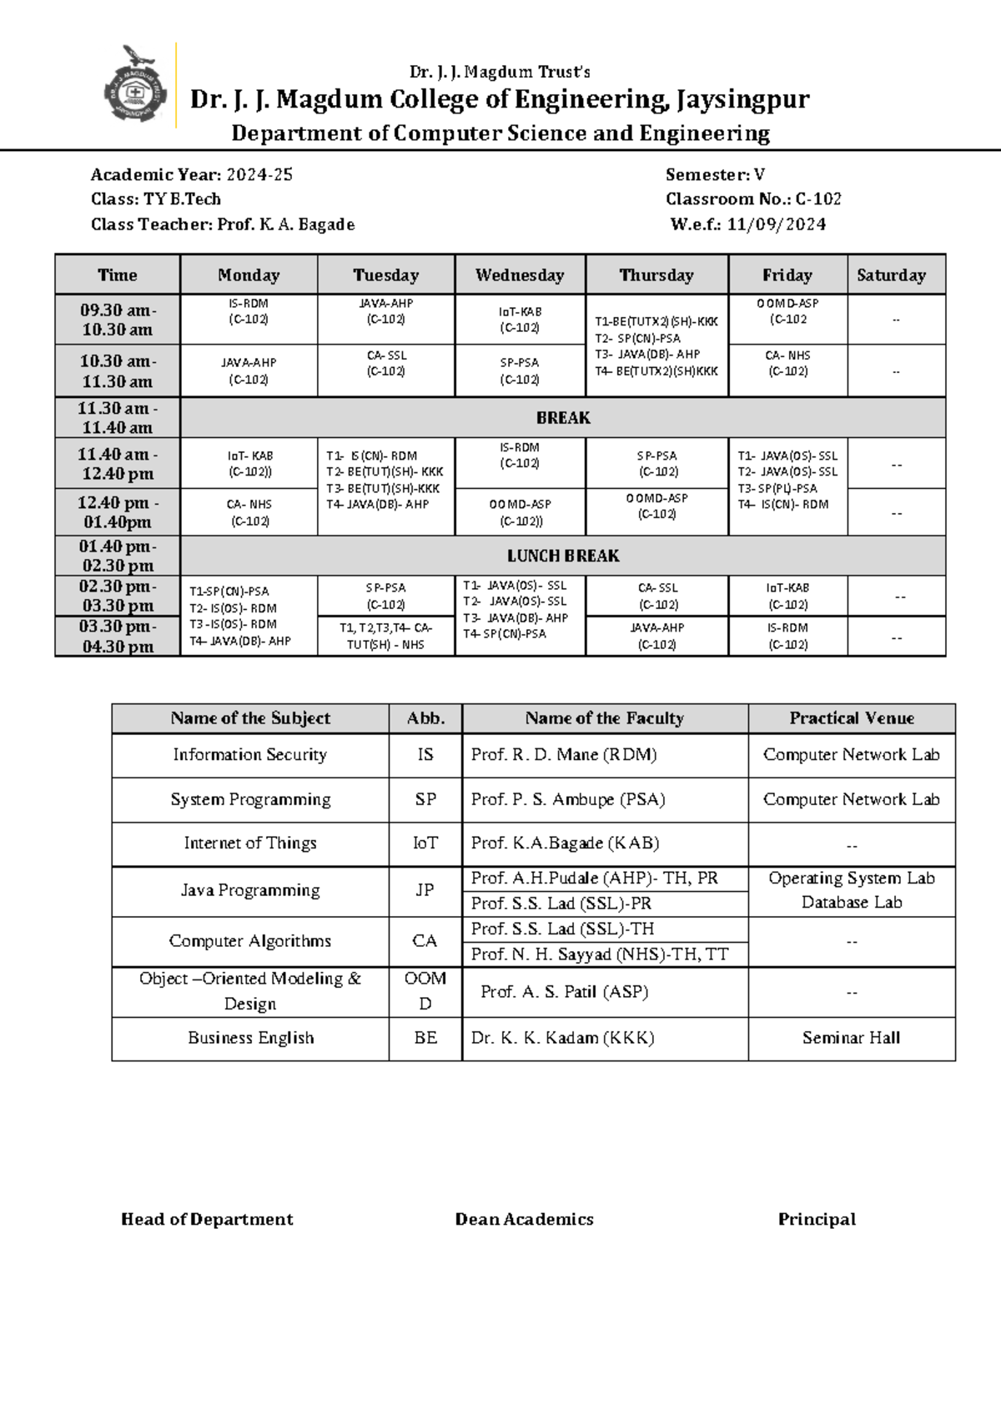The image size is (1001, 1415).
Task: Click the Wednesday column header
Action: point(520,275)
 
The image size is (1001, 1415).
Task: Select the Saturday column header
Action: point(891,275)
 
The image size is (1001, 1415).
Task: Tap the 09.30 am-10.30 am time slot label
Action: point(118,320)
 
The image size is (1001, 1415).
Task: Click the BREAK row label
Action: point(563,418)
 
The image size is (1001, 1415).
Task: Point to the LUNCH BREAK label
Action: point(563,556)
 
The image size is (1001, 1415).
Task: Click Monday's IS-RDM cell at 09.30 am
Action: point(249,311)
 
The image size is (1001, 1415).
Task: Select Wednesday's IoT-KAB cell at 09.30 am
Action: point(520,320)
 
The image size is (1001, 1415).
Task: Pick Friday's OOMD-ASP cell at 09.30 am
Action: point(787,311)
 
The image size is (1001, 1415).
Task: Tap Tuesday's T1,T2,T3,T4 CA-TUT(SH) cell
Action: point(385,637)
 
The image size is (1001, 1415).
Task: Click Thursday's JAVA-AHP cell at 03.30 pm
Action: point(656,636)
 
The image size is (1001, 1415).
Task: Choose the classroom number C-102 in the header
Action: point(817,199)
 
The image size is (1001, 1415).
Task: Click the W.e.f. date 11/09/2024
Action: point(776,224)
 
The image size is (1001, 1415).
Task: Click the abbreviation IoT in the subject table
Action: point(425,843)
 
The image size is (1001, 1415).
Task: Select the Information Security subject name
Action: point(249,755)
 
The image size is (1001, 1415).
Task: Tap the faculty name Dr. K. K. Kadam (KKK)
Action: point(562,1038)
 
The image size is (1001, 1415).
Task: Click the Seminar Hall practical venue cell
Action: point(851,1038)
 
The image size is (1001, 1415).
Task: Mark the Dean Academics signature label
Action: point(524,1220)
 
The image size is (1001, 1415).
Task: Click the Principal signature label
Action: point(817,1220)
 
